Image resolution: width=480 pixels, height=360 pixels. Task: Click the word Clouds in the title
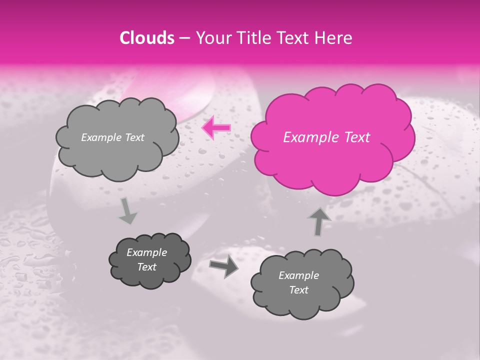[x=147, y=38]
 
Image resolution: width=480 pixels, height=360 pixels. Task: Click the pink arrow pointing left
[x=216, y=127]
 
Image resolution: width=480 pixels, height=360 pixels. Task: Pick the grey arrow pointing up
[x=319, y=221]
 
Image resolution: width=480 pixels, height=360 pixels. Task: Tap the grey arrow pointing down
[x=128, y=210]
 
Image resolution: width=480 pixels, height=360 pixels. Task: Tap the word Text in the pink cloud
[x=356, y=137]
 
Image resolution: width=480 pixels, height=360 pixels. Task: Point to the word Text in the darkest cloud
[x=147, y=267]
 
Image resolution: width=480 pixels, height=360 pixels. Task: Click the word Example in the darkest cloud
[x=147, y=252]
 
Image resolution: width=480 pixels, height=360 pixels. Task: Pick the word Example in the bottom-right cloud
[x=298, y=275]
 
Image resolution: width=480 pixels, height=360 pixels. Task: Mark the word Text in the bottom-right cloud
[x=298, y=290]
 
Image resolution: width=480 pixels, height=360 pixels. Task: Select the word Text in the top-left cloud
[x=134, y=137]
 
